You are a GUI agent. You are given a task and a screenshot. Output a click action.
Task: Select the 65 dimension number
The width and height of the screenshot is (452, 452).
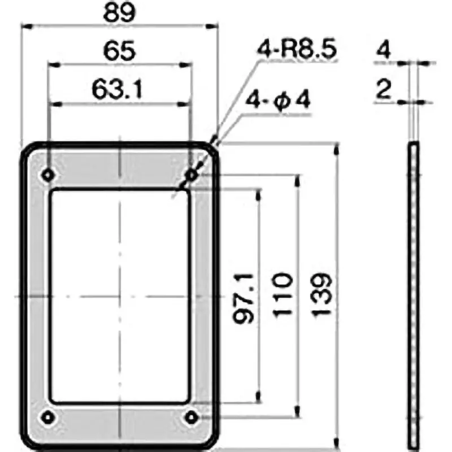[x=120, y=52]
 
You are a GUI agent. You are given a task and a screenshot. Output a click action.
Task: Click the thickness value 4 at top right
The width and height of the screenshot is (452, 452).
[x=384, y=51]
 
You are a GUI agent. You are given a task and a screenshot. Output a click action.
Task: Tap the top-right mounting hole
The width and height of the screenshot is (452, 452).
[x=192, y=176]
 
